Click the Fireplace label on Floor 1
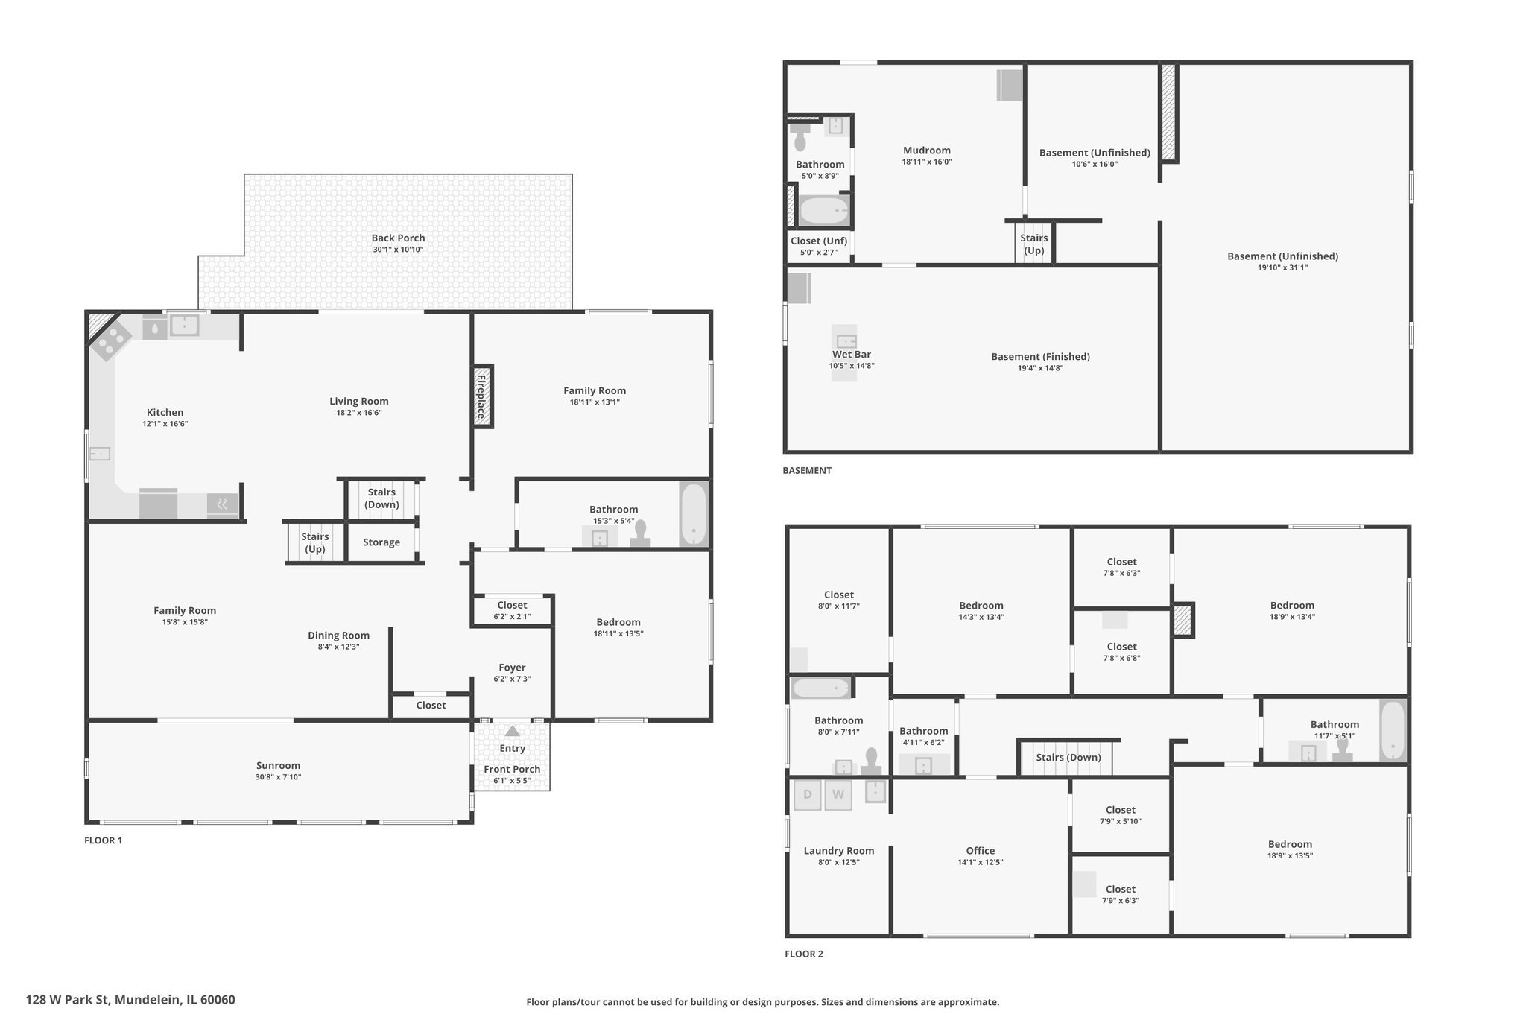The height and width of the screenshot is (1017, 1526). click(x=482, y=396)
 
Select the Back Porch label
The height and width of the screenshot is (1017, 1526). click(x=398, y=238)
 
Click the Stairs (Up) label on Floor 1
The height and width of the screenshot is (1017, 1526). click(x=315, y=542)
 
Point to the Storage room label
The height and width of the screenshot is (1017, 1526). click(x=381, y=542)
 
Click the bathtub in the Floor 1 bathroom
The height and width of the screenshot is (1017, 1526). click(x=693, y=515)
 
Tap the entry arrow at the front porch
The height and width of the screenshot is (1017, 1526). click(x=513, y=731)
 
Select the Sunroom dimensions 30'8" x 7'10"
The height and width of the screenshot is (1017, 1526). click(x=278, y=777)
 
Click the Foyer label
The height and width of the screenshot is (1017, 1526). click(x=512, y=668)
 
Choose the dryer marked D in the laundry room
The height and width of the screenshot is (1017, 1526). click(x=807, y=795)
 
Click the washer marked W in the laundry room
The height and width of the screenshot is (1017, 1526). click(x=838, y=795)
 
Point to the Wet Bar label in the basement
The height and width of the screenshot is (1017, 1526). click(x=852, y=355)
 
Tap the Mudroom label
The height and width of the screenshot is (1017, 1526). click(x=927, y=151)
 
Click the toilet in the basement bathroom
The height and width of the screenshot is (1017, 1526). click(x=800, y=138)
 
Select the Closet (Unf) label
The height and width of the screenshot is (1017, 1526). click(x=819, y=241)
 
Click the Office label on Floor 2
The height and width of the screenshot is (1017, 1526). click(x=981, y=851)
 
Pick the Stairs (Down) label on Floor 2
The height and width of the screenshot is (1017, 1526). click(x=1068, y=758)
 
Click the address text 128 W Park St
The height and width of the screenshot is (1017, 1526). click(x=69, y=1000)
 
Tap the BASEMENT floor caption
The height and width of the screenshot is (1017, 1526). click(x=807, y=470)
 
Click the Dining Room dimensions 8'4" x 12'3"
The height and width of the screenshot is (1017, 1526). click(x=338, y=647)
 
